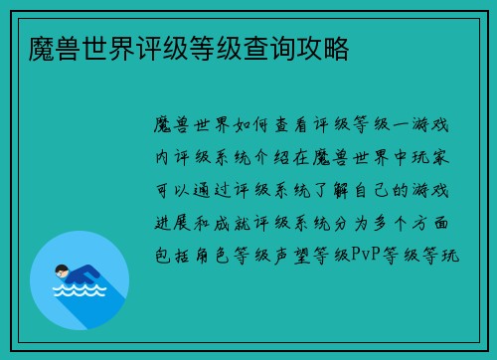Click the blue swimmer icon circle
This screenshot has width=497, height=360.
click(80, 279)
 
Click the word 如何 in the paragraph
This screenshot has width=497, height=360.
click(248, 125)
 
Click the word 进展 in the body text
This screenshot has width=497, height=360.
click(168, 222)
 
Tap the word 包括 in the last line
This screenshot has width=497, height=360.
click(168, 255)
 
